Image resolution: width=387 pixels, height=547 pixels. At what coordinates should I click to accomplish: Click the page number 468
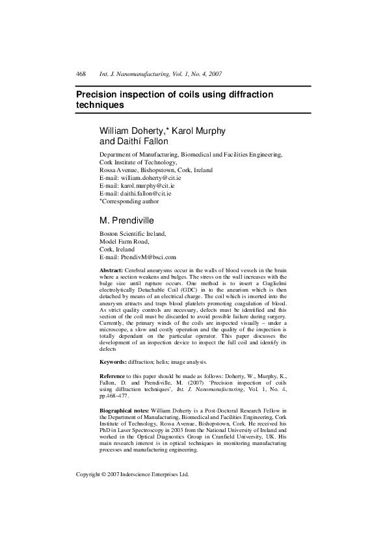tap(81, 74)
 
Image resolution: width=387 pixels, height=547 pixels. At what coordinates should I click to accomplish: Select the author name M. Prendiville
tap(131, 220)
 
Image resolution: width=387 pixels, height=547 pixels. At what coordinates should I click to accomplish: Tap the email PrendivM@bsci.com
tap(144, 257)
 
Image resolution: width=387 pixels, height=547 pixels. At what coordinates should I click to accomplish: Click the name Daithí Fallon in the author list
tap(133, 141)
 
